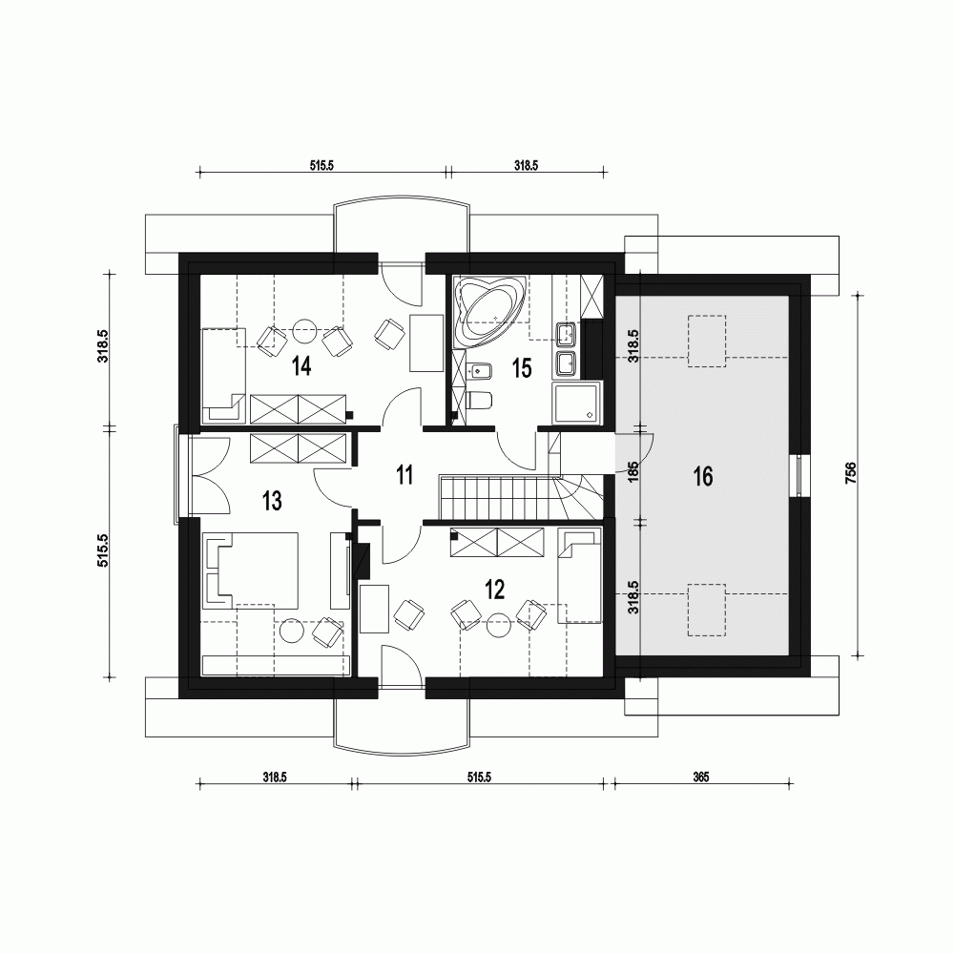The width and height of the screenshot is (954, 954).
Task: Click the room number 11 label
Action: tap(404, 474)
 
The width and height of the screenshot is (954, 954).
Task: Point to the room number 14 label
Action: tap(302, 366)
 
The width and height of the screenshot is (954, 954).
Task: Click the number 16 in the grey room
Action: tap(703, 477)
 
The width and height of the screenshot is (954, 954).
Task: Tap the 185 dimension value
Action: tap(633, 474)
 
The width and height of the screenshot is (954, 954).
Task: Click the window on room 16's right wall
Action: tap(799, 474)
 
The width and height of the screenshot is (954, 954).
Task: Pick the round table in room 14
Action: tap(305, 329)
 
